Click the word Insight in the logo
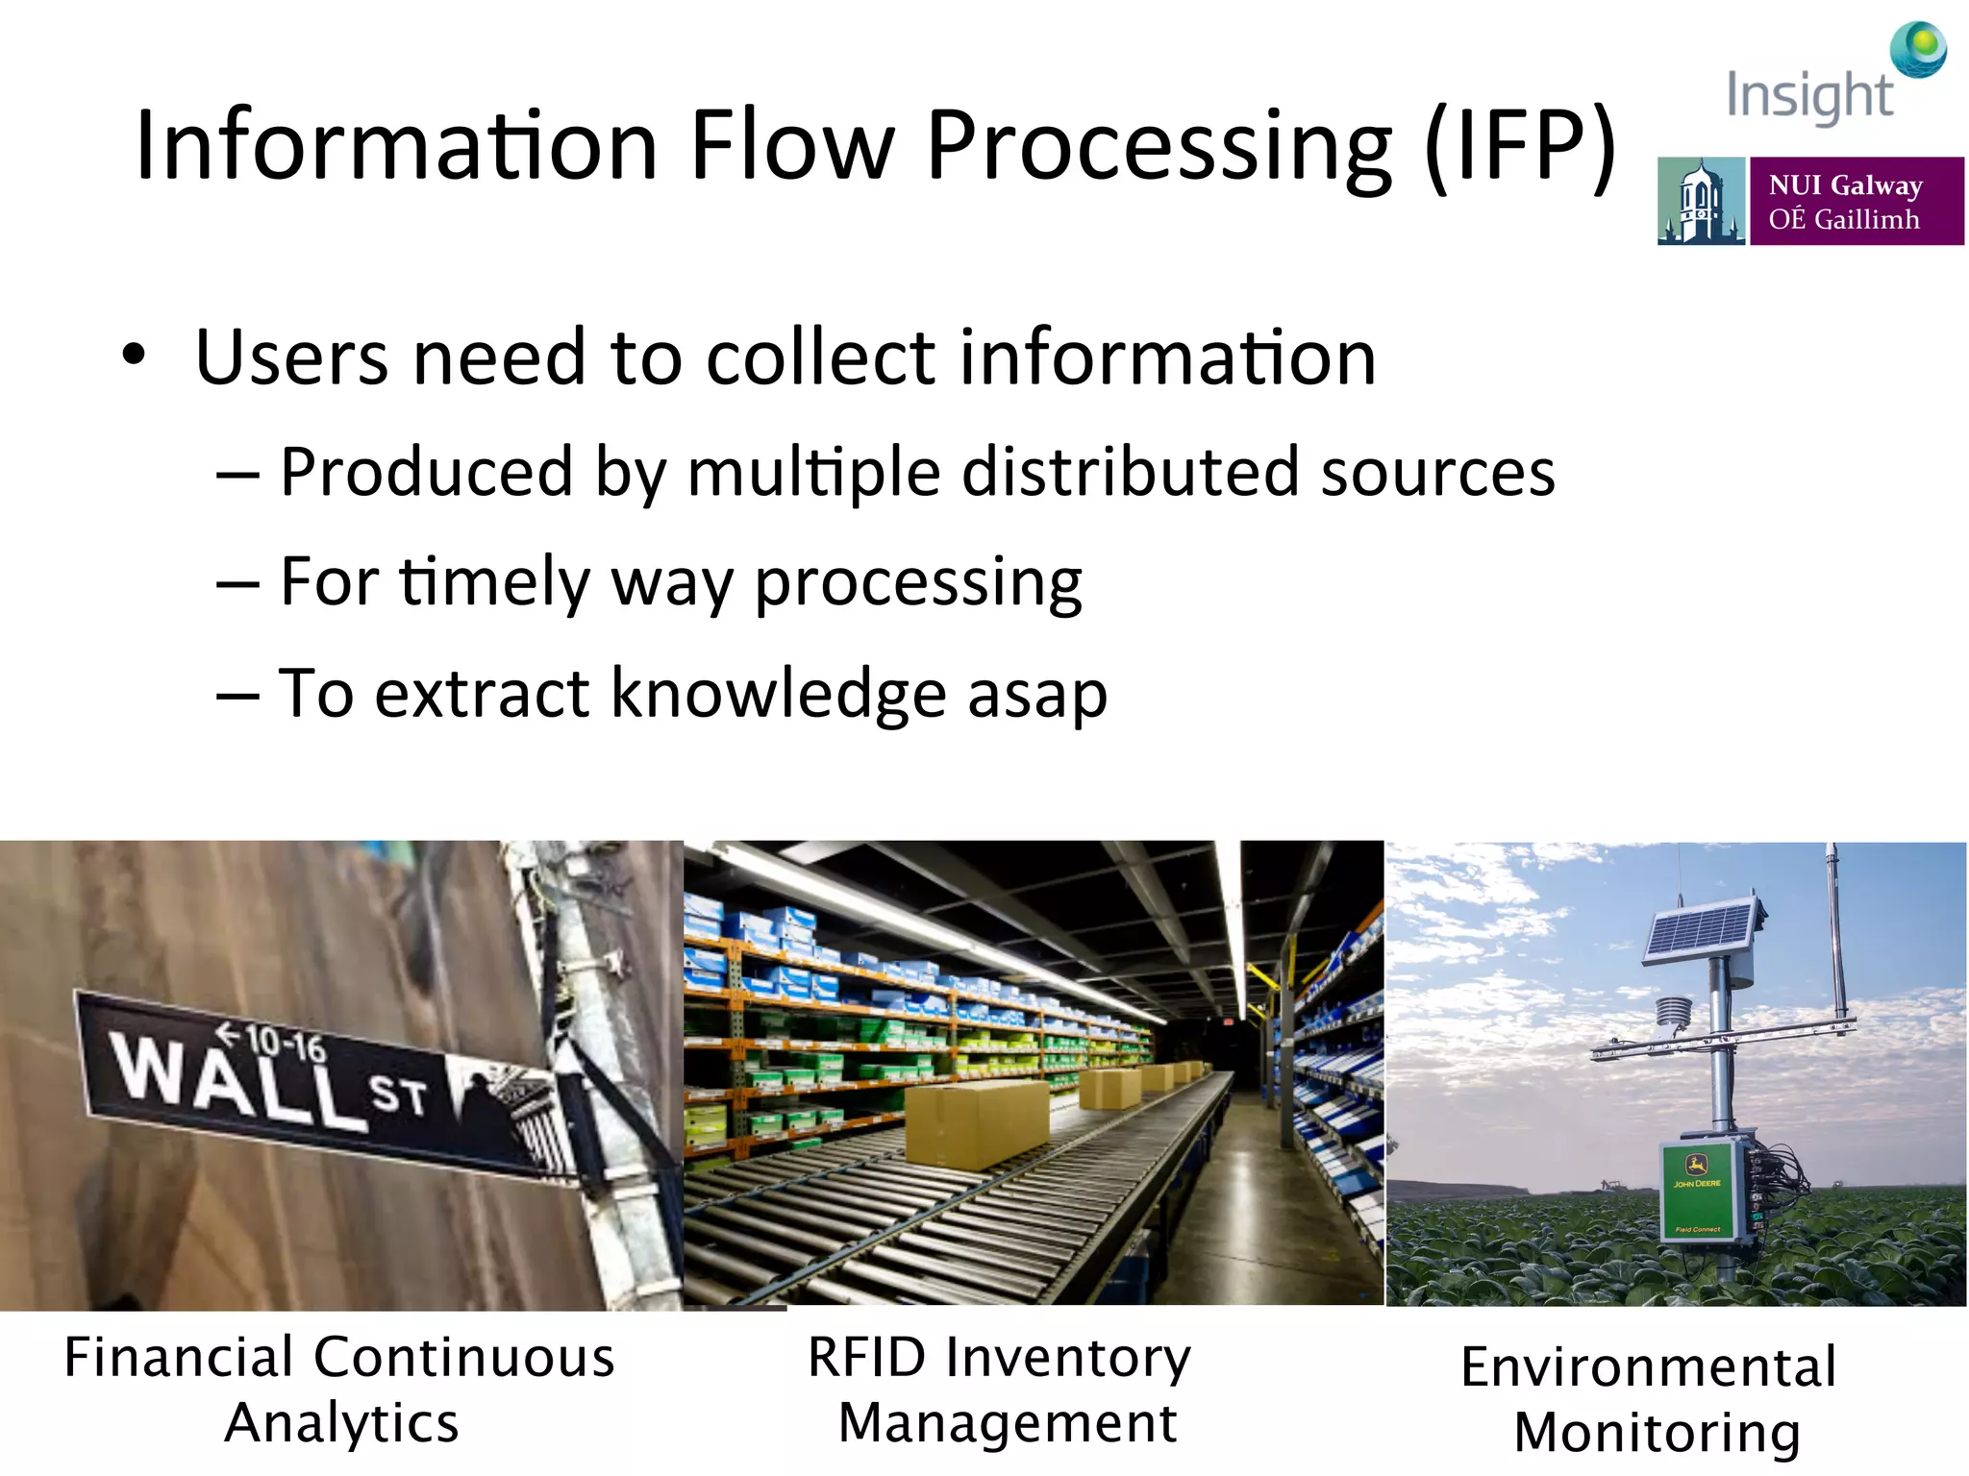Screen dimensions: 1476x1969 pos(1809,96)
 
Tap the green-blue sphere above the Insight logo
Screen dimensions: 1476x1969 pos(1918,48)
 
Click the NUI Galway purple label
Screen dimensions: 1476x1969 pos(1856,201)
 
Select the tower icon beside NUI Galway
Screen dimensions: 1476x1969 pos(1700,202)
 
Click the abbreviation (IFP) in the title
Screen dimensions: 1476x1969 pos(1521,146)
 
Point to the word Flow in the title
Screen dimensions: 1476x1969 pos(792,146)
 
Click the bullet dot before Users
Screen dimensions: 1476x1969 pos(135,355)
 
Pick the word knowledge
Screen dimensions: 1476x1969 pos(779,694)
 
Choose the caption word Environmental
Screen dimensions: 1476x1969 pos(1648,1367)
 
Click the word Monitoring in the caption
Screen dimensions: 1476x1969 pos(1657,1433)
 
